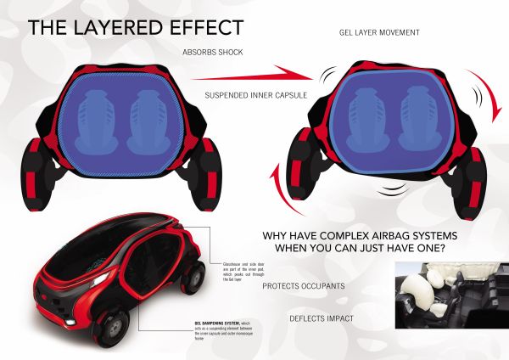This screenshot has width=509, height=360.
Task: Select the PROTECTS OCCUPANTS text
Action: click(303, 286)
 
